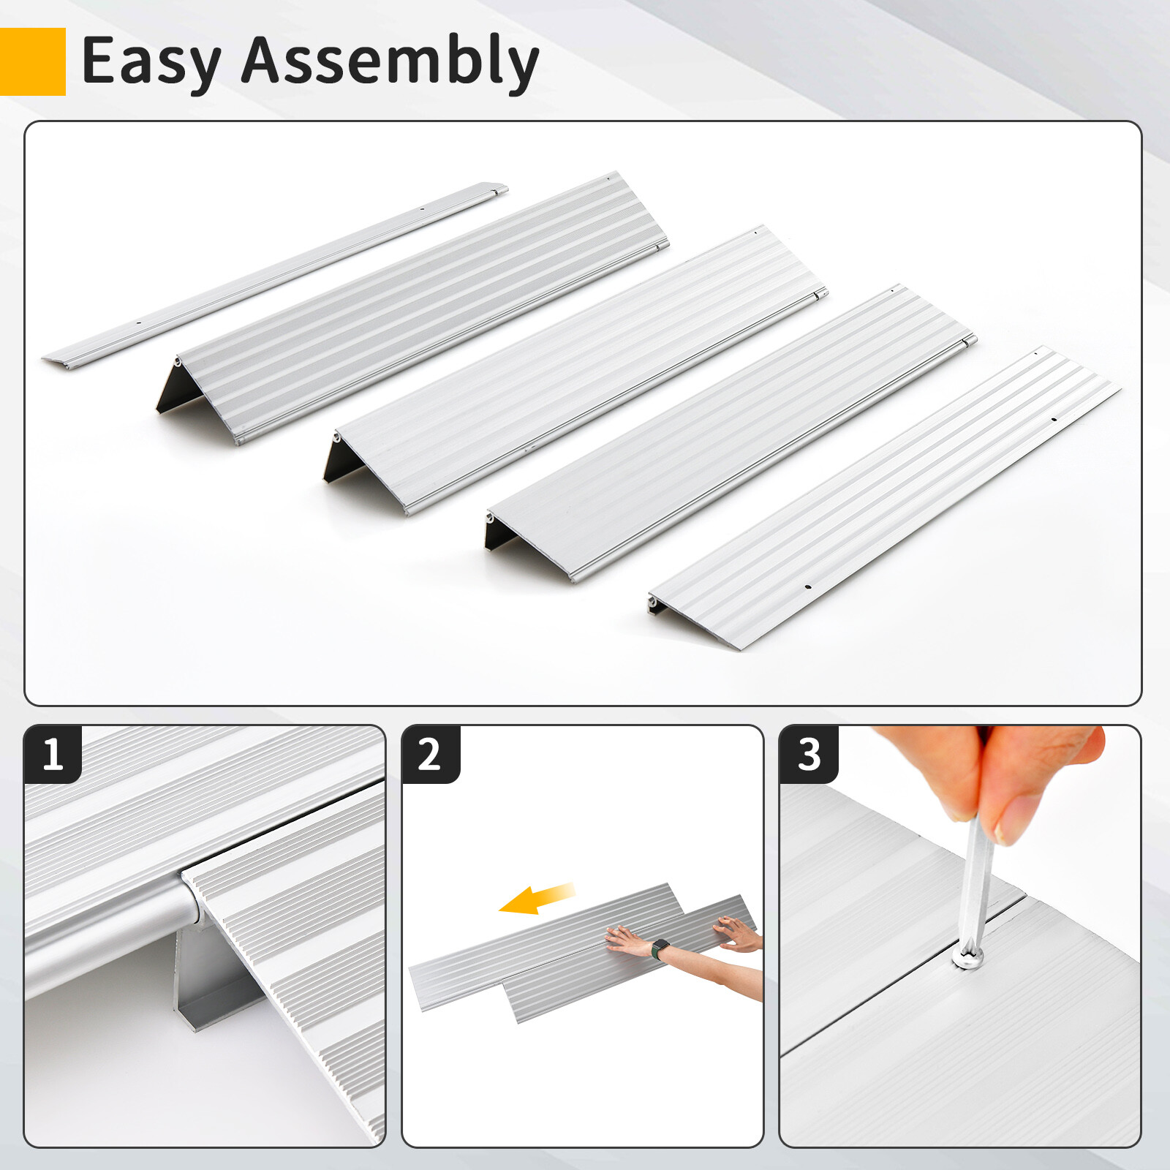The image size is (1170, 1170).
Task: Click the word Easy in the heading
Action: point(150,62)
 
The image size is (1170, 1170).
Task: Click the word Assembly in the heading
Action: point(390,62)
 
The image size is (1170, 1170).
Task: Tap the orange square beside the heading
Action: point(32,62)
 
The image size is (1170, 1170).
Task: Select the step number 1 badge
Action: point(52,754)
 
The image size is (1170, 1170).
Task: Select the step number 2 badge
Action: point(430,754)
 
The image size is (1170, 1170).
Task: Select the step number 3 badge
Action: point(808,754)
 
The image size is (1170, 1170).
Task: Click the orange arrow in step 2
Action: point(537,898)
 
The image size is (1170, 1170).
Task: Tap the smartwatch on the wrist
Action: point(660,948)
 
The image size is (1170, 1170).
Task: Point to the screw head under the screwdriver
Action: point(967,959)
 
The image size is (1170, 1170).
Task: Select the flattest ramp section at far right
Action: point(885,497)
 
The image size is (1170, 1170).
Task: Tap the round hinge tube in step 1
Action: point(110,929)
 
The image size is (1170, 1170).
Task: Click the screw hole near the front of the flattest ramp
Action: point(808,586)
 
